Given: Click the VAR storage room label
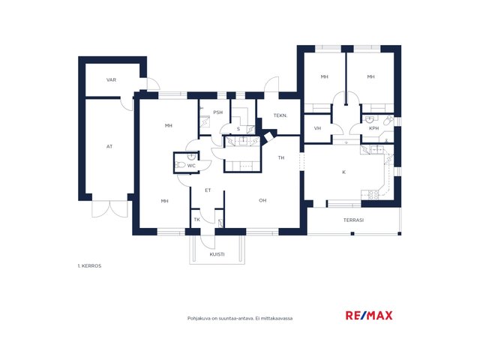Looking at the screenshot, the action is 111,80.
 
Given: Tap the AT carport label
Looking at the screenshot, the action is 109,147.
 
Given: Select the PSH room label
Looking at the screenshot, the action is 218,112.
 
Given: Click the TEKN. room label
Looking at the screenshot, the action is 280,115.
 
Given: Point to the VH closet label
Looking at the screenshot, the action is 317,128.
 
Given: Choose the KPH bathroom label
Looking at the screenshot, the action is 373,128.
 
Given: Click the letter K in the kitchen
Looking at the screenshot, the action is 343,172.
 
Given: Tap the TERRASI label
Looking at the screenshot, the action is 353,220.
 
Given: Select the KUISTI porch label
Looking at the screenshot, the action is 217,254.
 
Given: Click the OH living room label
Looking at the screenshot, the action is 262,200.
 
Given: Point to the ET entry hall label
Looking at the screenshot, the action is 208,190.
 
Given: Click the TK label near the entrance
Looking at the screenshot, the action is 196,220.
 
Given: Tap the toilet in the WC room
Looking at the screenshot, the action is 180,165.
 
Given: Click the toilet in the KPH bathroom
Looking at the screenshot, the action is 388,120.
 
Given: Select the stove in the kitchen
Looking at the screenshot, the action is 373,195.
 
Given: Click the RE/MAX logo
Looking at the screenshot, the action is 369,315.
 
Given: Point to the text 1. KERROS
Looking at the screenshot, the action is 89,266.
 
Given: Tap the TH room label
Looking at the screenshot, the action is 281,157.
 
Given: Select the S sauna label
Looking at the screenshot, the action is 238,129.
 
